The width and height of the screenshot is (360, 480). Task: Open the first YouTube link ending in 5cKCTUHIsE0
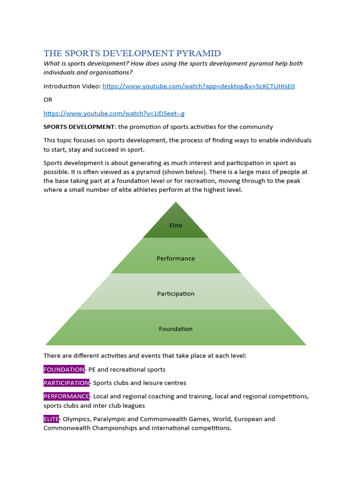(x=199, y=86)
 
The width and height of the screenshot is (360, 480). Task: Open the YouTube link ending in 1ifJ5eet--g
(x=114, y=113)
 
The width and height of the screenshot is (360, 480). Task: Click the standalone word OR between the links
(x=48, y=99)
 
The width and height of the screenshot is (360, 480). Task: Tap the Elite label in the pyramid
(x=176, y=225)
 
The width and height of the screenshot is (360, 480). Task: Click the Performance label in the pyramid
(x=176, y=258)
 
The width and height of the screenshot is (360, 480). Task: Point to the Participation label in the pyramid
(x=176, y=293)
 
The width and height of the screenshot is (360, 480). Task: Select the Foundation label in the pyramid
(x=176, y=329)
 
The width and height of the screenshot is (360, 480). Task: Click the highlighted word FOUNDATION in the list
(x=64, y=369)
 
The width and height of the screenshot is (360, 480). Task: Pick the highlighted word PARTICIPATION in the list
(x=66, y=383)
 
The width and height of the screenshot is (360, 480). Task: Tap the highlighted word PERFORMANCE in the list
(x=66, y=397)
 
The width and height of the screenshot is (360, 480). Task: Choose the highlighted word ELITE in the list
(x=51, y=419)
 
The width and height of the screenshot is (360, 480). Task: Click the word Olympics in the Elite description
(x=77, y=419)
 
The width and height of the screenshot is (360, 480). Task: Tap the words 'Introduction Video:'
(x=72, y=86)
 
